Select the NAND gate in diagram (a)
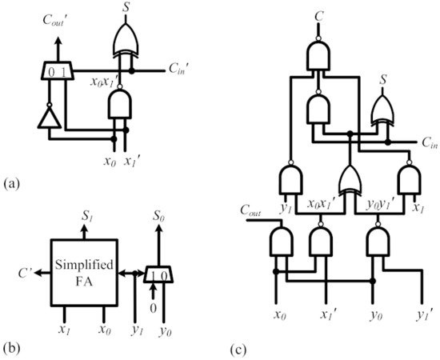click(x=120, y=104)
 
